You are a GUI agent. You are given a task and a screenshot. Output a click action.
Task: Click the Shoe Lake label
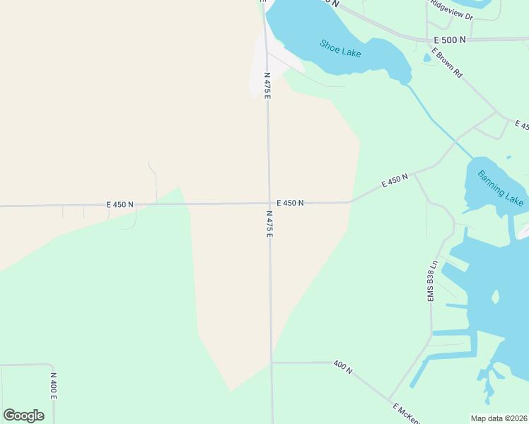[340, 47]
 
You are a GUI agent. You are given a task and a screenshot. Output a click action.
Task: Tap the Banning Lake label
[500, 187]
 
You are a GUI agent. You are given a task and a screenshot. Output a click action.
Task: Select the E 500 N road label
[450, 40]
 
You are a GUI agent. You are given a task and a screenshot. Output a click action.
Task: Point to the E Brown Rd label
[448, 63]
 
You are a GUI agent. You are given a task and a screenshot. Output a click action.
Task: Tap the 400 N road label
[343, 367]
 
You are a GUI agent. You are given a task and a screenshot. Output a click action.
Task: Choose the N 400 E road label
[53, 387]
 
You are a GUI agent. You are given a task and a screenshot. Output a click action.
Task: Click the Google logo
[24, 416]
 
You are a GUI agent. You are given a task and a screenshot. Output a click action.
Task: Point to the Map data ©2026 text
[499, 418]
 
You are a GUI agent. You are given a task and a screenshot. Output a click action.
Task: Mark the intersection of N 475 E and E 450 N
[269, 204]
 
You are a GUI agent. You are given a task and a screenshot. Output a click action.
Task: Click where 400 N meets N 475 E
[272, 363]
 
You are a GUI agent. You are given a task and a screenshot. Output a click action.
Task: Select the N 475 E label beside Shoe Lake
[267, 85]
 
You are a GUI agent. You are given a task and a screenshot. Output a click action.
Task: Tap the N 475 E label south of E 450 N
[269, 223]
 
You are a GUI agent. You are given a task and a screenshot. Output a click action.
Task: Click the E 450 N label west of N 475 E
[120, 205]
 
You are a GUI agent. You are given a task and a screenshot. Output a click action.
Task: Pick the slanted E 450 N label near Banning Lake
[395, 180]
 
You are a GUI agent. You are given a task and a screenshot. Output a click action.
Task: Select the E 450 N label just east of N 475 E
[290, 203]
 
